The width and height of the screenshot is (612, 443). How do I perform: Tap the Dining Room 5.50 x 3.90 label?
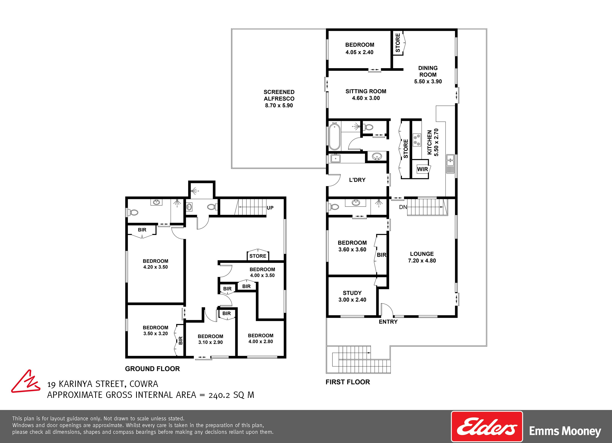pos(428,75)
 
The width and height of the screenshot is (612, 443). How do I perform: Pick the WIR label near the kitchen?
pos(422,169)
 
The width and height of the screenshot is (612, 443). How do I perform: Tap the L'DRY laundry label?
pos(357,180)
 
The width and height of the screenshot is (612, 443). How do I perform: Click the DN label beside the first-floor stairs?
pos(403,207)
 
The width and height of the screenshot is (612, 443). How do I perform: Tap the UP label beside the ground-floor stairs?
pos(270,208)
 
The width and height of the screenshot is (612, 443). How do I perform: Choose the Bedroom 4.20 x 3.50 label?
pos(155,264)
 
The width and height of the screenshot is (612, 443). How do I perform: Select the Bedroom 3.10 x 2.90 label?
pos(210,339)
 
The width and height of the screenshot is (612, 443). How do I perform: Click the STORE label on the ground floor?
pos(258,256)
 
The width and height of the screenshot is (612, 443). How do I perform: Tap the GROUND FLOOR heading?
pos(152,369)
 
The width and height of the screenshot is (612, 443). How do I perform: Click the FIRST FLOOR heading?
pos(348,382)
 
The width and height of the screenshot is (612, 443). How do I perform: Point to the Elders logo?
pos(487,426)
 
